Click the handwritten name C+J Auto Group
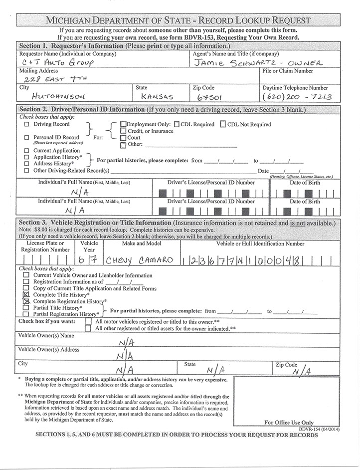[54, 63]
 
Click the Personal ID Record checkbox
[27, 137]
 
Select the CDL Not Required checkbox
[223, 125]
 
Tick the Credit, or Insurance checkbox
[123, 131]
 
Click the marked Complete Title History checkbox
[26, 295]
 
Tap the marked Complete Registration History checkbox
[26, 302]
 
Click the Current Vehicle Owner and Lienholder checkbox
[26, 275]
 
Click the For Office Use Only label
[289, 423]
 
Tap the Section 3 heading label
[94, 223]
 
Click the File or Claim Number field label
[287, 71]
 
